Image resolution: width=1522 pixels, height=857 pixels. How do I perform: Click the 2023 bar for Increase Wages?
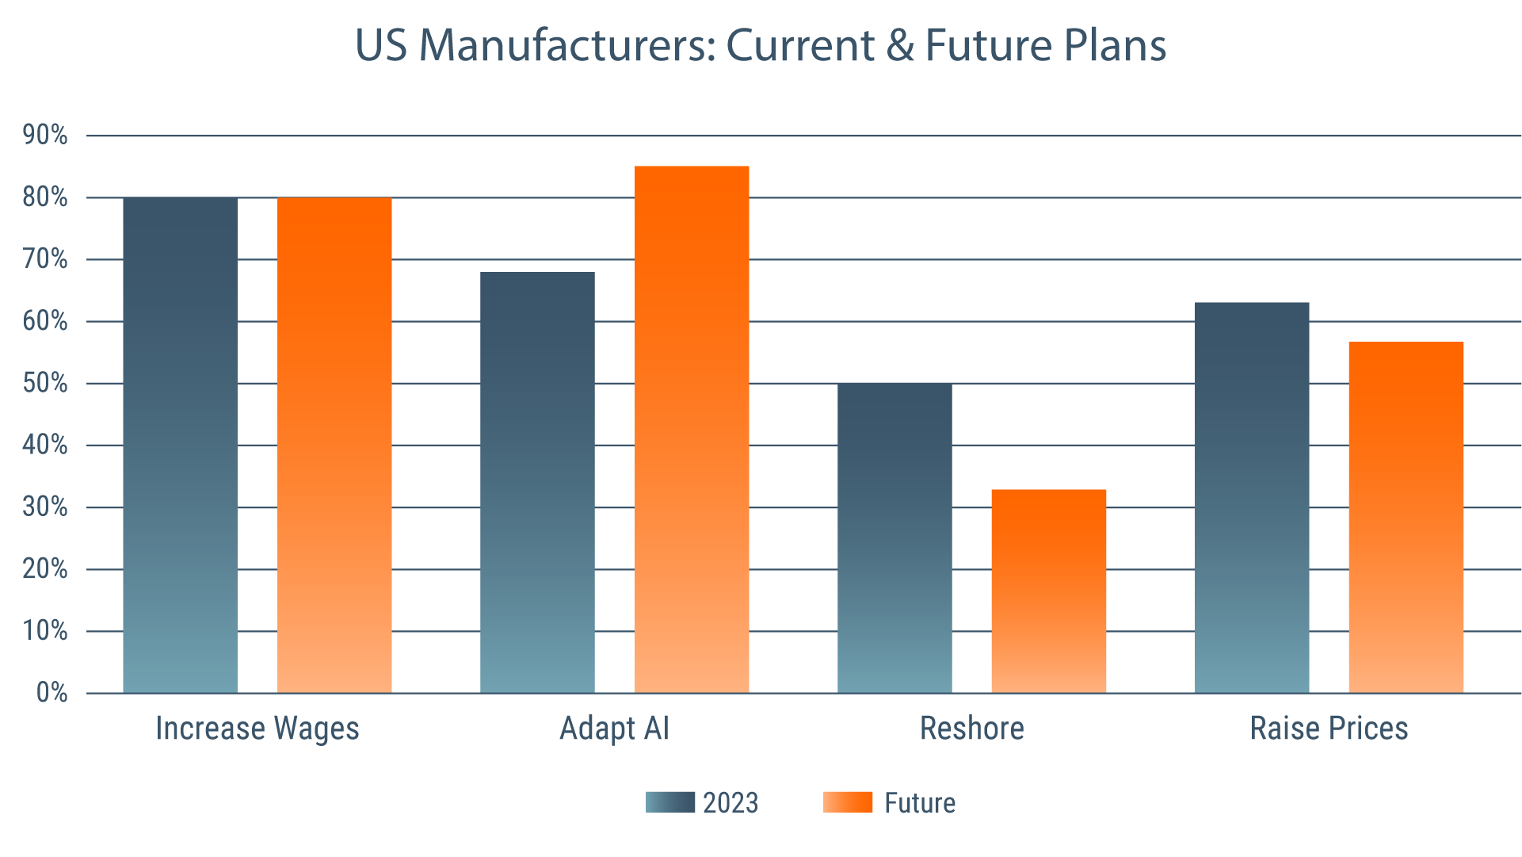tap(180, 444)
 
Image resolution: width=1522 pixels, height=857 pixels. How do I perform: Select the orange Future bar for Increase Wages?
tap(334, 444)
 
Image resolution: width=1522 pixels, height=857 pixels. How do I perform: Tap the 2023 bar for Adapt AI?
tap(537, 482)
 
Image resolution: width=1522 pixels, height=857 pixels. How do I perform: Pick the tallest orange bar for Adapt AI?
tap(692, 428)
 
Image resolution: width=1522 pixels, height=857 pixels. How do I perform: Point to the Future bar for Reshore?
tap(1048, 591)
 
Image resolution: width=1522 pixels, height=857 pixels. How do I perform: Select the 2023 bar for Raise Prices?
tap(1252, 497)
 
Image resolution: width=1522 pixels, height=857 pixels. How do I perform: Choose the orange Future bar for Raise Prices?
tap(1406, 517)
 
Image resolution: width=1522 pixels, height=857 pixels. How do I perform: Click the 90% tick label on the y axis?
tap(45, 136)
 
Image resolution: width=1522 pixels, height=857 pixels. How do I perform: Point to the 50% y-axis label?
tap(45, 384)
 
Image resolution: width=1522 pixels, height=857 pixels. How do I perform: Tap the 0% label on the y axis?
tap(51, 693)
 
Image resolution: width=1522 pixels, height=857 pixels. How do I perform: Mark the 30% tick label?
tap(45, 507)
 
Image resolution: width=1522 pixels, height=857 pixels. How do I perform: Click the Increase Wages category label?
tap(257, 729)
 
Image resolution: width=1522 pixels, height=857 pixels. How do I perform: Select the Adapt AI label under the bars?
tap(615, 729)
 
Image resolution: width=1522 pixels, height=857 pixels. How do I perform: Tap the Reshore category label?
tap(971, 729)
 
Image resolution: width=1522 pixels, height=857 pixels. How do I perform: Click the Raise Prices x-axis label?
tap(1329, 729)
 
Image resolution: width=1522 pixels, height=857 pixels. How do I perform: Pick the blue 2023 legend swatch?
tap(669, 802)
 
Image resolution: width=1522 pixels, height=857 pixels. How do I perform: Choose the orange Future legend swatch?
tap(848, 802)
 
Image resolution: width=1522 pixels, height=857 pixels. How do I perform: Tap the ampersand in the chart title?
tap(900, 45)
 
